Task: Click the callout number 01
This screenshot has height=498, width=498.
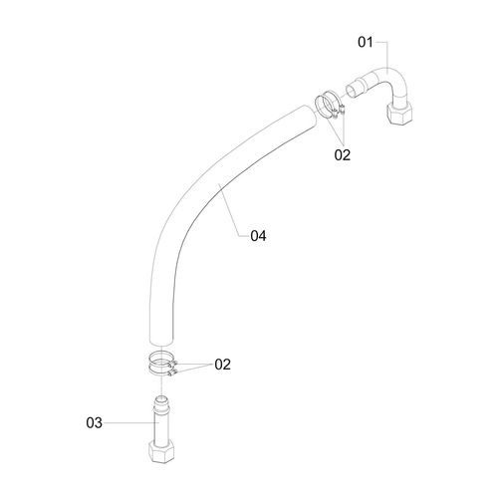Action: pyautogui.click(x=366, y=43)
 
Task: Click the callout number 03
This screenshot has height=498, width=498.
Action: pyautogui.click(x=95, y=423)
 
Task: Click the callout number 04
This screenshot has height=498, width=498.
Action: pyautogui.click(x=258, y=236)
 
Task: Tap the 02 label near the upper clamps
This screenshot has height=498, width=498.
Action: pyautogui.click(x=343, y=155)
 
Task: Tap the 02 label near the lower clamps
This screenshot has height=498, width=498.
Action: pyautogui.click(x=222, y=365)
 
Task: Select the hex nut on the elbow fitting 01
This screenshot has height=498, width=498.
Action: pyautogui.click(x=399, y=114)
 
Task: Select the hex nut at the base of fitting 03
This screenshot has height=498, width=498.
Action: pyautogui.click(x=161, y=452)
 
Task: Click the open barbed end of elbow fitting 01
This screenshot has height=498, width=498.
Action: pyautogui.click(x=352, y=91)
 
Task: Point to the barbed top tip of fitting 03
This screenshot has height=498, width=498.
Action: pyautogui.click(x=161, y=399)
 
